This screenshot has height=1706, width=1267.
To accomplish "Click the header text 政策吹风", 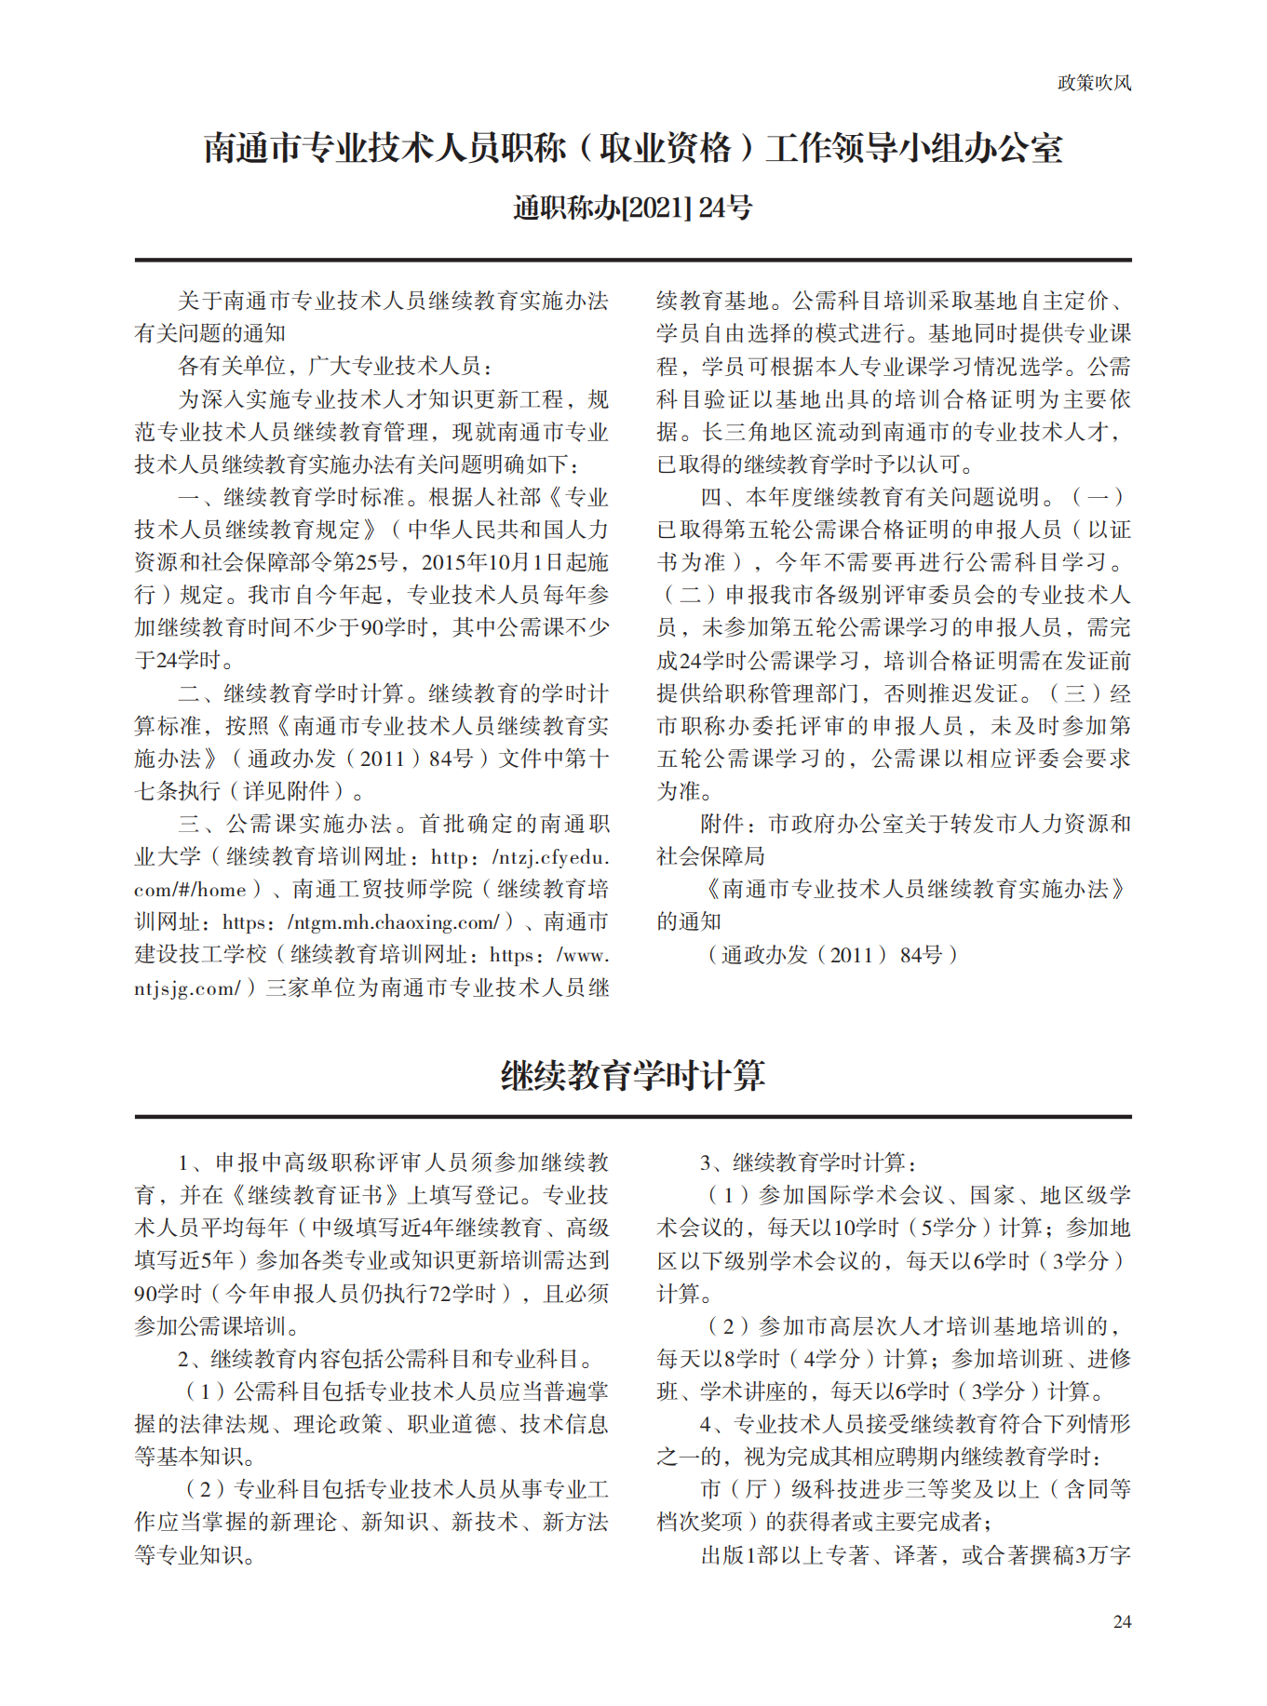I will [x=1094, y=83].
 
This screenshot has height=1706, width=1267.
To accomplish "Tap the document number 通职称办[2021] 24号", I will [x=632, y=208].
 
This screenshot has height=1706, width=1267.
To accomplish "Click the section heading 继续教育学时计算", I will [x=632, y=1076].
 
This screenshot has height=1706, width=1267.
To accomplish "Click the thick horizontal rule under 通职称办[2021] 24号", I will [x=632, y=260].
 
